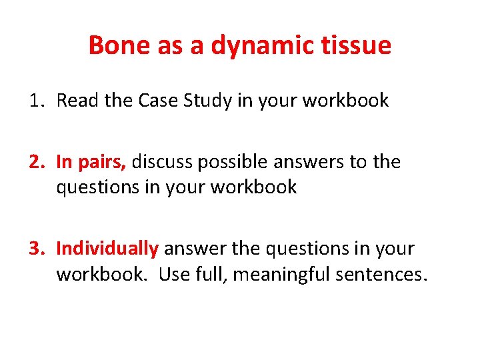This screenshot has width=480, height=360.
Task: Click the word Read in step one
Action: [x=75, y=101]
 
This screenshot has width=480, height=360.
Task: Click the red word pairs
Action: [x=106, y=163]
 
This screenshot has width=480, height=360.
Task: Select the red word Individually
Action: [x=107, y=249]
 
